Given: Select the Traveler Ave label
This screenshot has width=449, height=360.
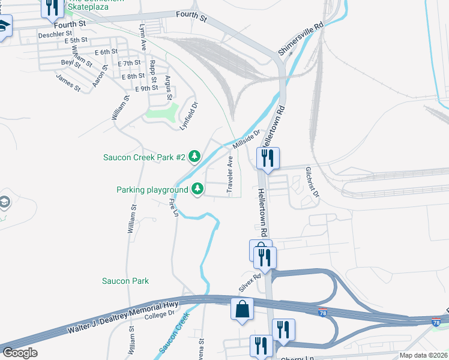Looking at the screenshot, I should [x=230, y=175].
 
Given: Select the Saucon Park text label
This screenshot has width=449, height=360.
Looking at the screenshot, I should [x=125, y=281].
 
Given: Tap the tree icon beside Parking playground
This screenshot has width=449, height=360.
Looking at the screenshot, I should [x=197, y=190].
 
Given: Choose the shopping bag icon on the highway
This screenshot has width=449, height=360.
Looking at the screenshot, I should [x=242, y=309].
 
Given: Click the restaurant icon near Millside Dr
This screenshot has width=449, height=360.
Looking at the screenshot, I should [x=267, y=158].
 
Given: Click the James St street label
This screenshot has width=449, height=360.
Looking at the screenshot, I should [x=68, y=82].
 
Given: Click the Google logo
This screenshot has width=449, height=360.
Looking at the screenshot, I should [x=20, y=353].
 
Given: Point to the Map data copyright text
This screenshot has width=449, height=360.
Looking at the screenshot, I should [x=423, y=355].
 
